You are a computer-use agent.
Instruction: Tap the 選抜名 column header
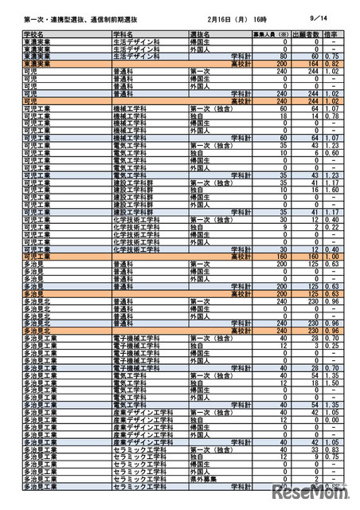[x=200, y=36]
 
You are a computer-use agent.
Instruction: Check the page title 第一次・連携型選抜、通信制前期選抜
[x=72, y=15]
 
